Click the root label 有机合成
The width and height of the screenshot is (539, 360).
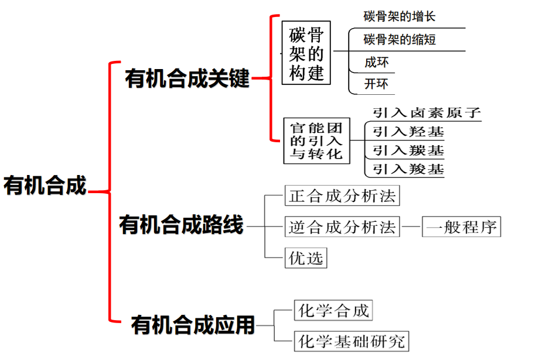coord(45,186)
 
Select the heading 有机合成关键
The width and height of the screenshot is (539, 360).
coord(187,79)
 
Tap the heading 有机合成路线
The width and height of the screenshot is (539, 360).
coord(181,225)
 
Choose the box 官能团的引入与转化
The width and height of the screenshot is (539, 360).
coord(316,141)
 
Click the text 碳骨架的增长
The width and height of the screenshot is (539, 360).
coord(400,16)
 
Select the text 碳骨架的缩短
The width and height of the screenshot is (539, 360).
coord(400,40)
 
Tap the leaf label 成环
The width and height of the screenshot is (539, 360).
coord(376,62)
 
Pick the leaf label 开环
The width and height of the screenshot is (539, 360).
coord(376,84)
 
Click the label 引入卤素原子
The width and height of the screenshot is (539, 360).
coord(426,113)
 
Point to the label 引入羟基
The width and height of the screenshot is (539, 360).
coord(408,132)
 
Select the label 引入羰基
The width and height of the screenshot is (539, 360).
coord(408,150)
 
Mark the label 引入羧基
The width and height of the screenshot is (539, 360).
coord(408,170)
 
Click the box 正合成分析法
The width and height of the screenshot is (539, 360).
coord(342,196)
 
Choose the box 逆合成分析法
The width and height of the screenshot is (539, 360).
coord(342,227)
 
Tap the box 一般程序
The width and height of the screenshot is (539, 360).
coord(462,227)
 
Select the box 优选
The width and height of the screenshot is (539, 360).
coord(306,258)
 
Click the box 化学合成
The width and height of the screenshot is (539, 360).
coord(333,310)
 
